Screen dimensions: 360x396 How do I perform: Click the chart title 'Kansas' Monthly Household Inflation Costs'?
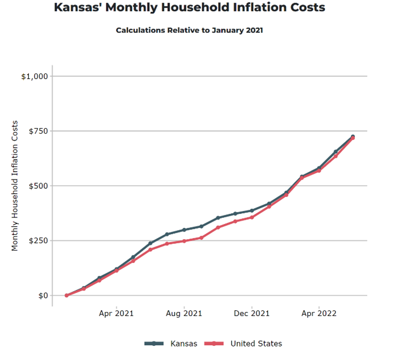pyautogui.click(x=189, y=8)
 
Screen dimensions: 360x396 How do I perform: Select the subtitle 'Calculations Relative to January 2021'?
pyautogui.click(x=189, y=30)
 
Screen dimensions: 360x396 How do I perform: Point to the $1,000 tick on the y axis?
pyautogui.click(x=35, y=76)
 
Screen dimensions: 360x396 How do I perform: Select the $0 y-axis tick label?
pyautogui.click(x=43, y=295)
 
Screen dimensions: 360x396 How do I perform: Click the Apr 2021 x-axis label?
pyautogui.click(x=116, y=313)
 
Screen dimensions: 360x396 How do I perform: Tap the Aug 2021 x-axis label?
pyautogui.click(x=184, y=313)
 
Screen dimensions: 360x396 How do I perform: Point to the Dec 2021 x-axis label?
pyautogui.click(x=252, y=313)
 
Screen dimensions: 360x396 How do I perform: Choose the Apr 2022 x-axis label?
pyautogui.click(x=319, y=313)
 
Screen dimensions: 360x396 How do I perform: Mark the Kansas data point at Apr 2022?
pyautogui.click(x=319, y=168)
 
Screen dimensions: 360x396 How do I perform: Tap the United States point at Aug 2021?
pyautogui.click(x=184, y=241)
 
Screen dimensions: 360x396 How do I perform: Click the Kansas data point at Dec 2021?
pyautogui.click(x=252, y=210)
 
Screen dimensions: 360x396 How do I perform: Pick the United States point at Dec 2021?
pyautogui.click(x=252, y=217)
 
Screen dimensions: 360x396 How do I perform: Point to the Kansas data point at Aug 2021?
pyautogui.click(x=184, y=230)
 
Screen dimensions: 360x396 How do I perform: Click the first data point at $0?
pyautogui.click(x=67, y=295)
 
